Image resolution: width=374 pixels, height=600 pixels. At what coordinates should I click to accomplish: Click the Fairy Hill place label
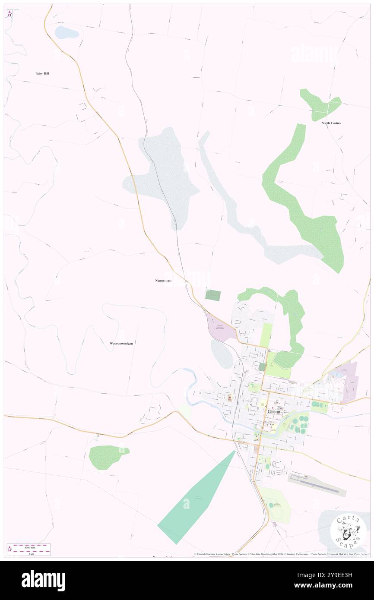(x=42, y=73)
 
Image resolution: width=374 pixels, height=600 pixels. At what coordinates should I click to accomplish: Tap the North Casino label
(x=331, y=123)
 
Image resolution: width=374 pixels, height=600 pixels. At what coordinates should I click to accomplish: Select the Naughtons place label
(x=163, y=281)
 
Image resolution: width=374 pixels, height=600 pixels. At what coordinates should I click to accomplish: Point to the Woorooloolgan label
(x=121, y=343)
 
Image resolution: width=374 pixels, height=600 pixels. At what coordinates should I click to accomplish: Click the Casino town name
(x=273, y=411)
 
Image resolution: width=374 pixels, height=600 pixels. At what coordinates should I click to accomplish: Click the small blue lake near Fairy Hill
(x=66, y=32)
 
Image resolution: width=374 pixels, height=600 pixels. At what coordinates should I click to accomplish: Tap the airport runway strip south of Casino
(x=317, y=486)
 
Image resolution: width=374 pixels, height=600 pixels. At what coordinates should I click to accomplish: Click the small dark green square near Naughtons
(x=212, y=295)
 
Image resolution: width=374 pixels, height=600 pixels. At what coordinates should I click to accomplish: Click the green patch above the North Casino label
(x=320, y=104)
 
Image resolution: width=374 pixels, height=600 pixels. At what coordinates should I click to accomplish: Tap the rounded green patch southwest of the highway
(x=107, y=457)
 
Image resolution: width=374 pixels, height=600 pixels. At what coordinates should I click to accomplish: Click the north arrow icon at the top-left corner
(x=10, y=13)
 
